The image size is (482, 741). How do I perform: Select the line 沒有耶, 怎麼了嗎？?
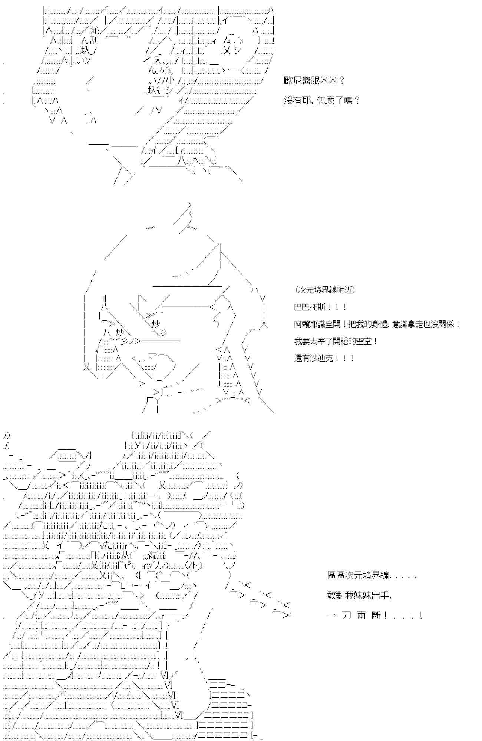[x=321, y=100]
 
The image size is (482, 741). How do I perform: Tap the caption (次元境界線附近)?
[x=325, y=290]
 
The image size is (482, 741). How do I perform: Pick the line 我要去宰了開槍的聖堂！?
[x=336, y=341]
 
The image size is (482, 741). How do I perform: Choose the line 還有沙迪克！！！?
[x=324, y=358]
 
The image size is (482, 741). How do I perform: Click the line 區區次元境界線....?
[x=372, y=575]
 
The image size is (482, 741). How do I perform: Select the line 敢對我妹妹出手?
[x=359, y=595]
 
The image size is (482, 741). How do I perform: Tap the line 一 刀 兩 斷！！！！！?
[x=375, y=615]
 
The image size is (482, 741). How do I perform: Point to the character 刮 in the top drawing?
[x=93, y=41]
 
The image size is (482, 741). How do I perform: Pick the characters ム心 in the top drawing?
[x=233, y=40]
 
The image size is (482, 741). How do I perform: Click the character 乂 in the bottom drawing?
[x=163, y=485]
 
